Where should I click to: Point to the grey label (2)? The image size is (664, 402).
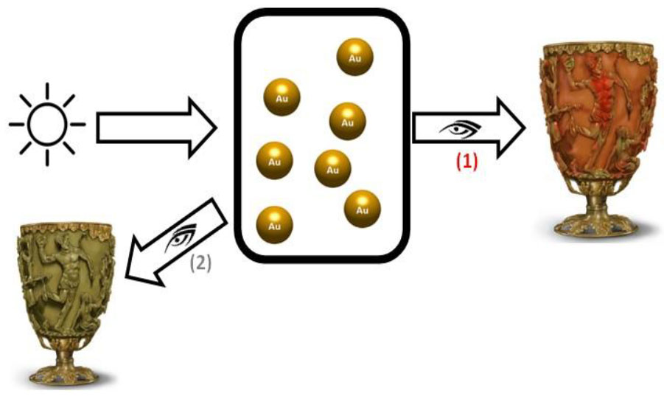click(x=200, y=262)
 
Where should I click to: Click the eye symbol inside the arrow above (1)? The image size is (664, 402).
click(x=461, y=131)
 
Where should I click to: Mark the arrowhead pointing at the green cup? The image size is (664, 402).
click(x=141, y=272)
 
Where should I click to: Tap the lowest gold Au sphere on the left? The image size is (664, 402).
click(x=274, y=223)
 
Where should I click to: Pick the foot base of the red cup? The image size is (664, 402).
click(x=590, y=225)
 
